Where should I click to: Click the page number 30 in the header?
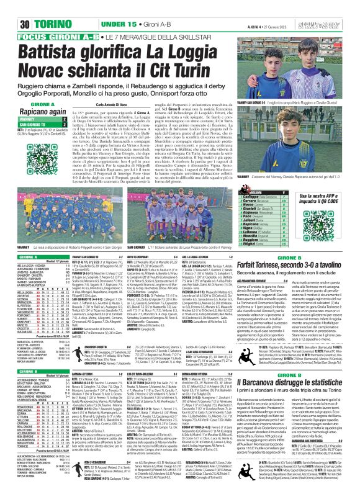point(10,24)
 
